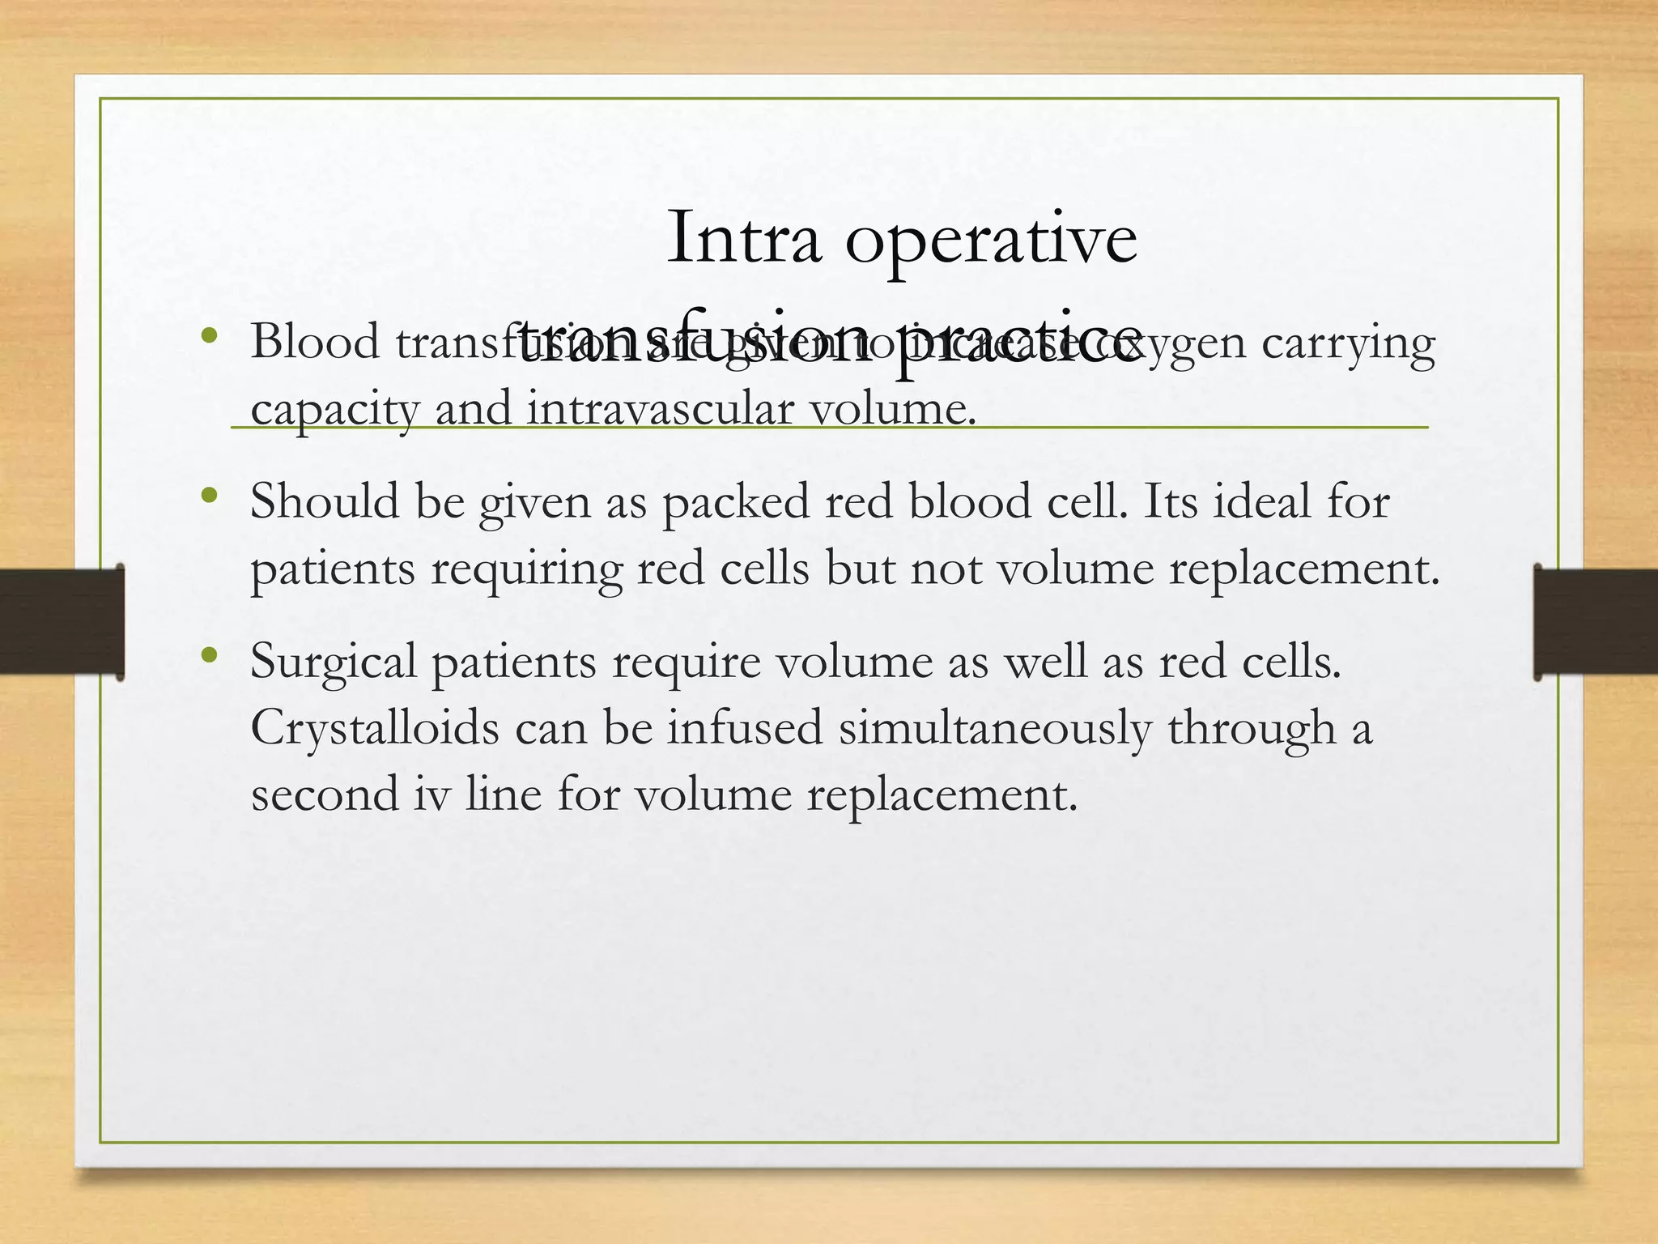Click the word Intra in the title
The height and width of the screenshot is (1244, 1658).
click(743, 238)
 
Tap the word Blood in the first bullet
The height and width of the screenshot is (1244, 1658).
click(315, 342)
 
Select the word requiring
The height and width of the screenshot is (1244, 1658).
click(526, 570)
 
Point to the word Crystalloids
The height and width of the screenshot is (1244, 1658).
click(375, 729)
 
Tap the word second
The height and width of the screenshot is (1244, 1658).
click(325, 794)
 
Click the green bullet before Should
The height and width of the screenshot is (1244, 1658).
click(210, 495)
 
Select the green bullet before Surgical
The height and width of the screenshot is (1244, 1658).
click(210, 654)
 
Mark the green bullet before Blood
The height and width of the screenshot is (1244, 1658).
click(210, 335)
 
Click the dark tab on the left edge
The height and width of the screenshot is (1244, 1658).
click(62, 621)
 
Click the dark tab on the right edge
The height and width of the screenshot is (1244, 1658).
click(1595, 621)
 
